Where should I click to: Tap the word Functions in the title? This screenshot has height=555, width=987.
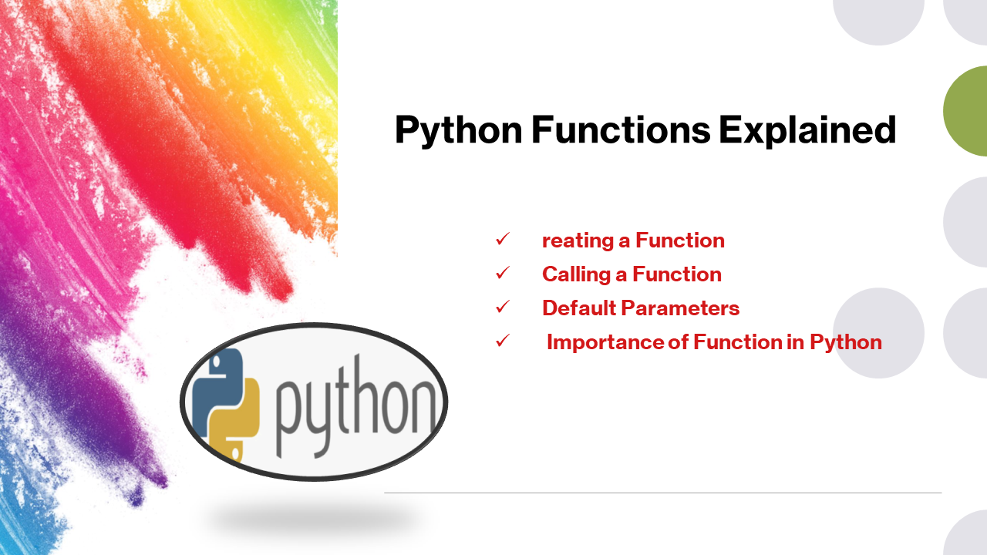(x=621, y=131)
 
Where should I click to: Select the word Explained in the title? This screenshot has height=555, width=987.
(x=807, y=131)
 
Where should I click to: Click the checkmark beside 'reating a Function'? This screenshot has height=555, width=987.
(x=503, y=240)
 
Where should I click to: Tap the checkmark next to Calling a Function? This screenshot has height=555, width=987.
(x=503, y=274)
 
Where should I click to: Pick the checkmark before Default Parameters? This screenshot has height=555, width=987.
(x=503, y=308)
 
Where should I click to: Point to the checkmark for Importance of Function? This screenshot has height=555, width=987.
(x=503, y=341)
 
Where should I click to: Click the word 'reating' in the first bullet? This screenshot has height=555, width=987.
(x=578, y=240)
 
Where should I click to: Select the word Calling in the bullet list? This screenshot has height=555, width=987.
(x=578, y=274)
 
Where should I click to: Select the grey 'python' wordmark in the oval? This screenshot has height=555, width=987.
(x=355, y=405)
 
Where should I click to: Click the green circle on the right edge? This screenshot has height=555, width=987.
(x=968, y=111)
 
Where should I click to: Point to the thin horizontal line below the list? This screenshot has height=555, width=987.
(x=662, y=493)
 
